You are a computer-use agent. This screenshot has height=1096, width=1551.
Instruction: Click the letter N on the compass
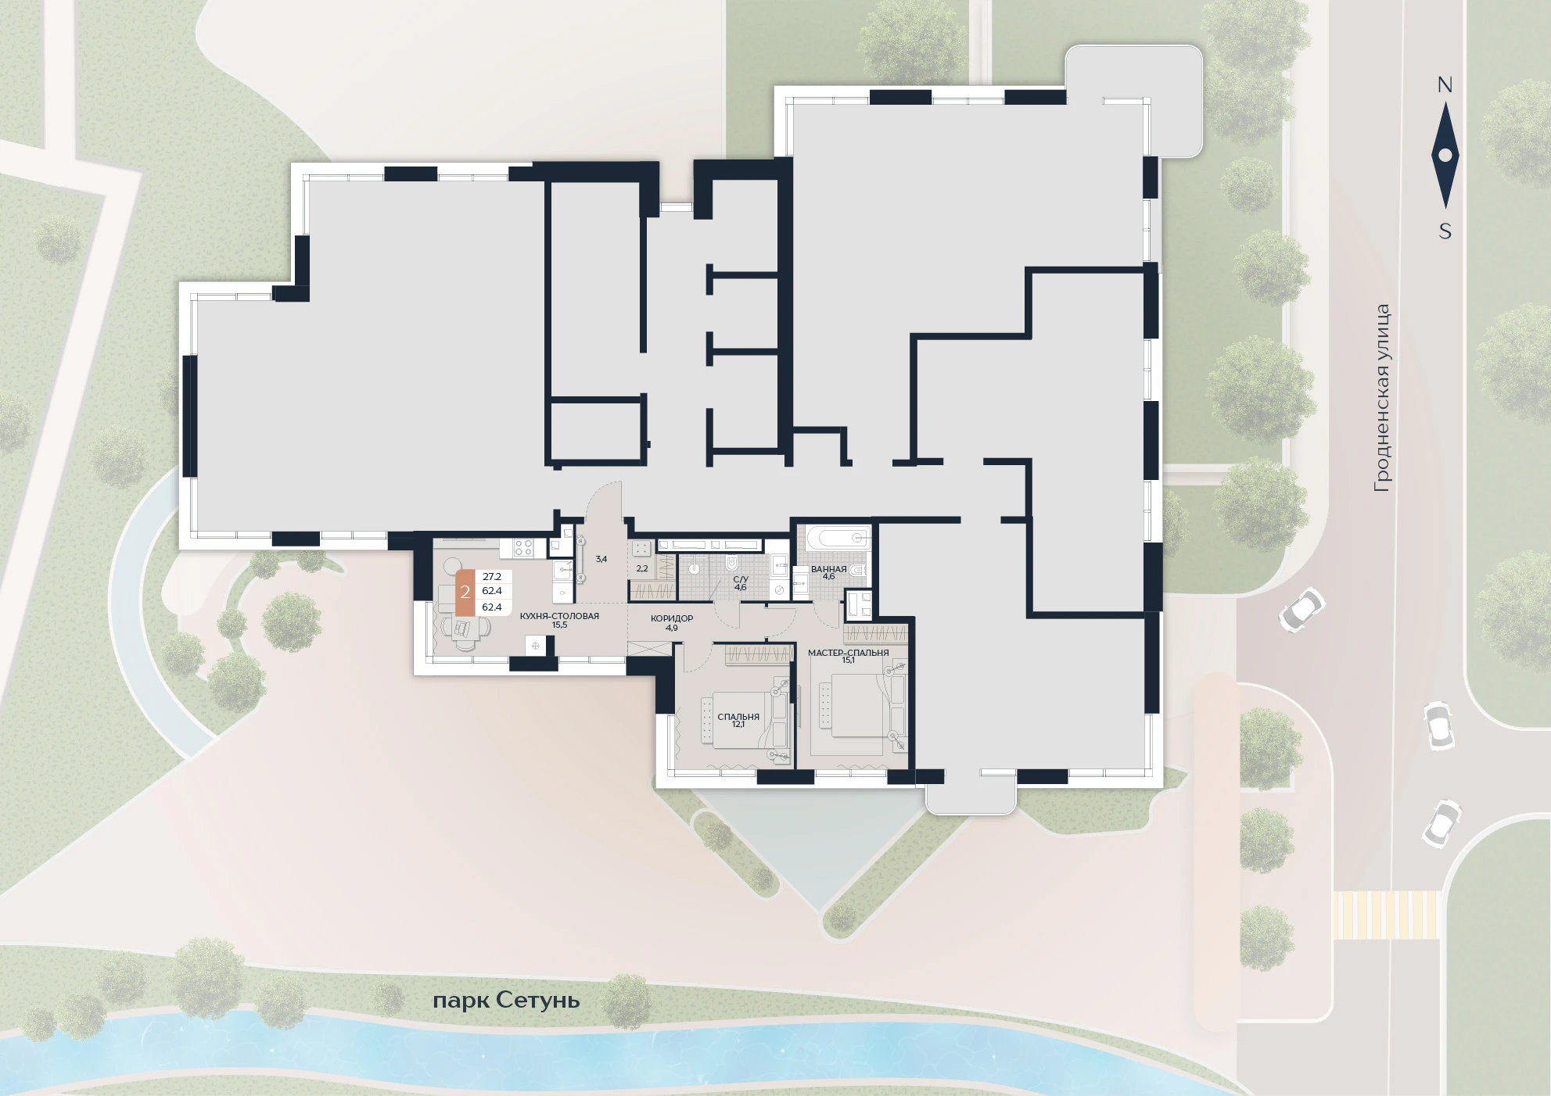tap(1445, 85)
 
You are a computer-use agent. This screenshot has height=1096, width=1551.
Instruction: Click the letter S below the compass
tap(1445, 231)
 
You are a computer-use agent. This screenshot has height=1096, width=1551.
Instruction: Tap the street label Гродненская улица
tap(1382, 398)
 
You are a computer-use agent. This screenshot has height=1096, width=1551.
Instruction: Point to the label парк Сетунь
tap(507, 1001)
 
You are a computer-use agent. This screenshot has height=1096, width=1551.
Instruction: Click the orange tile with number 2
tap(465, 592)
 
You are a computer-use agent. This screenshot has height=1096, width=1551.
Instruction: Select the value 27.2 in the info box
tap(492, 577)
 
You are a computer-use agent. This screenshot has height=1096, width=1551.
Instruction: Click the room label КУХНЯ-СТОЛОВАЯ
tap(559, 616)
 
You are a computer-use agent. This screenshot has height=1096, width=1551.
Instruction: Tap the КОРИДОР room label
tap(672, 618)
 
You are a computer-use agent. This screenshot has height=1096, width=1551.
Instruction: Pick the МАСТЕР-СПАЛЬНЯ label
tap(848, 652)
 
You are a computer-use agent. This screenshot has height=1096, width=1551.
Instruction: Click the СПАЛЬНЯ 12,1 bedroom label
tap(738, 720)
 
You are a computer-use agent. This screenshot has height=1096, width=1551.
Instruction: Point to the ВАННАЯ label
tap(828, 569)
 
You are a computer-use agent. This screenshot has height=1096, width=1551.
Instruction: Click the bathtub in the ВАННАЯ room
tap(836, 538)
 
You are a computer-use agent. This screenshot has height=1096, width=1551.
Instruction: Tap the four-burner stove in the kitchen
tap(523, 548)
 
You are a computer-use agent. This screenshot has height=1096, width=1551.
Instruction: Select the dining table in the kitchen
tap(464, 627)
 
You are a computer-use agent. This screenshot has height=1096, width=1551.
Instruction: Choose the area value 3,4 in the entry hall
tap(601, 559)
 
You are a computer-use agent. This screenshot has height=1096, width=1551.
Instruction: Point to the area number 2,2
tap(642, 568)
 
